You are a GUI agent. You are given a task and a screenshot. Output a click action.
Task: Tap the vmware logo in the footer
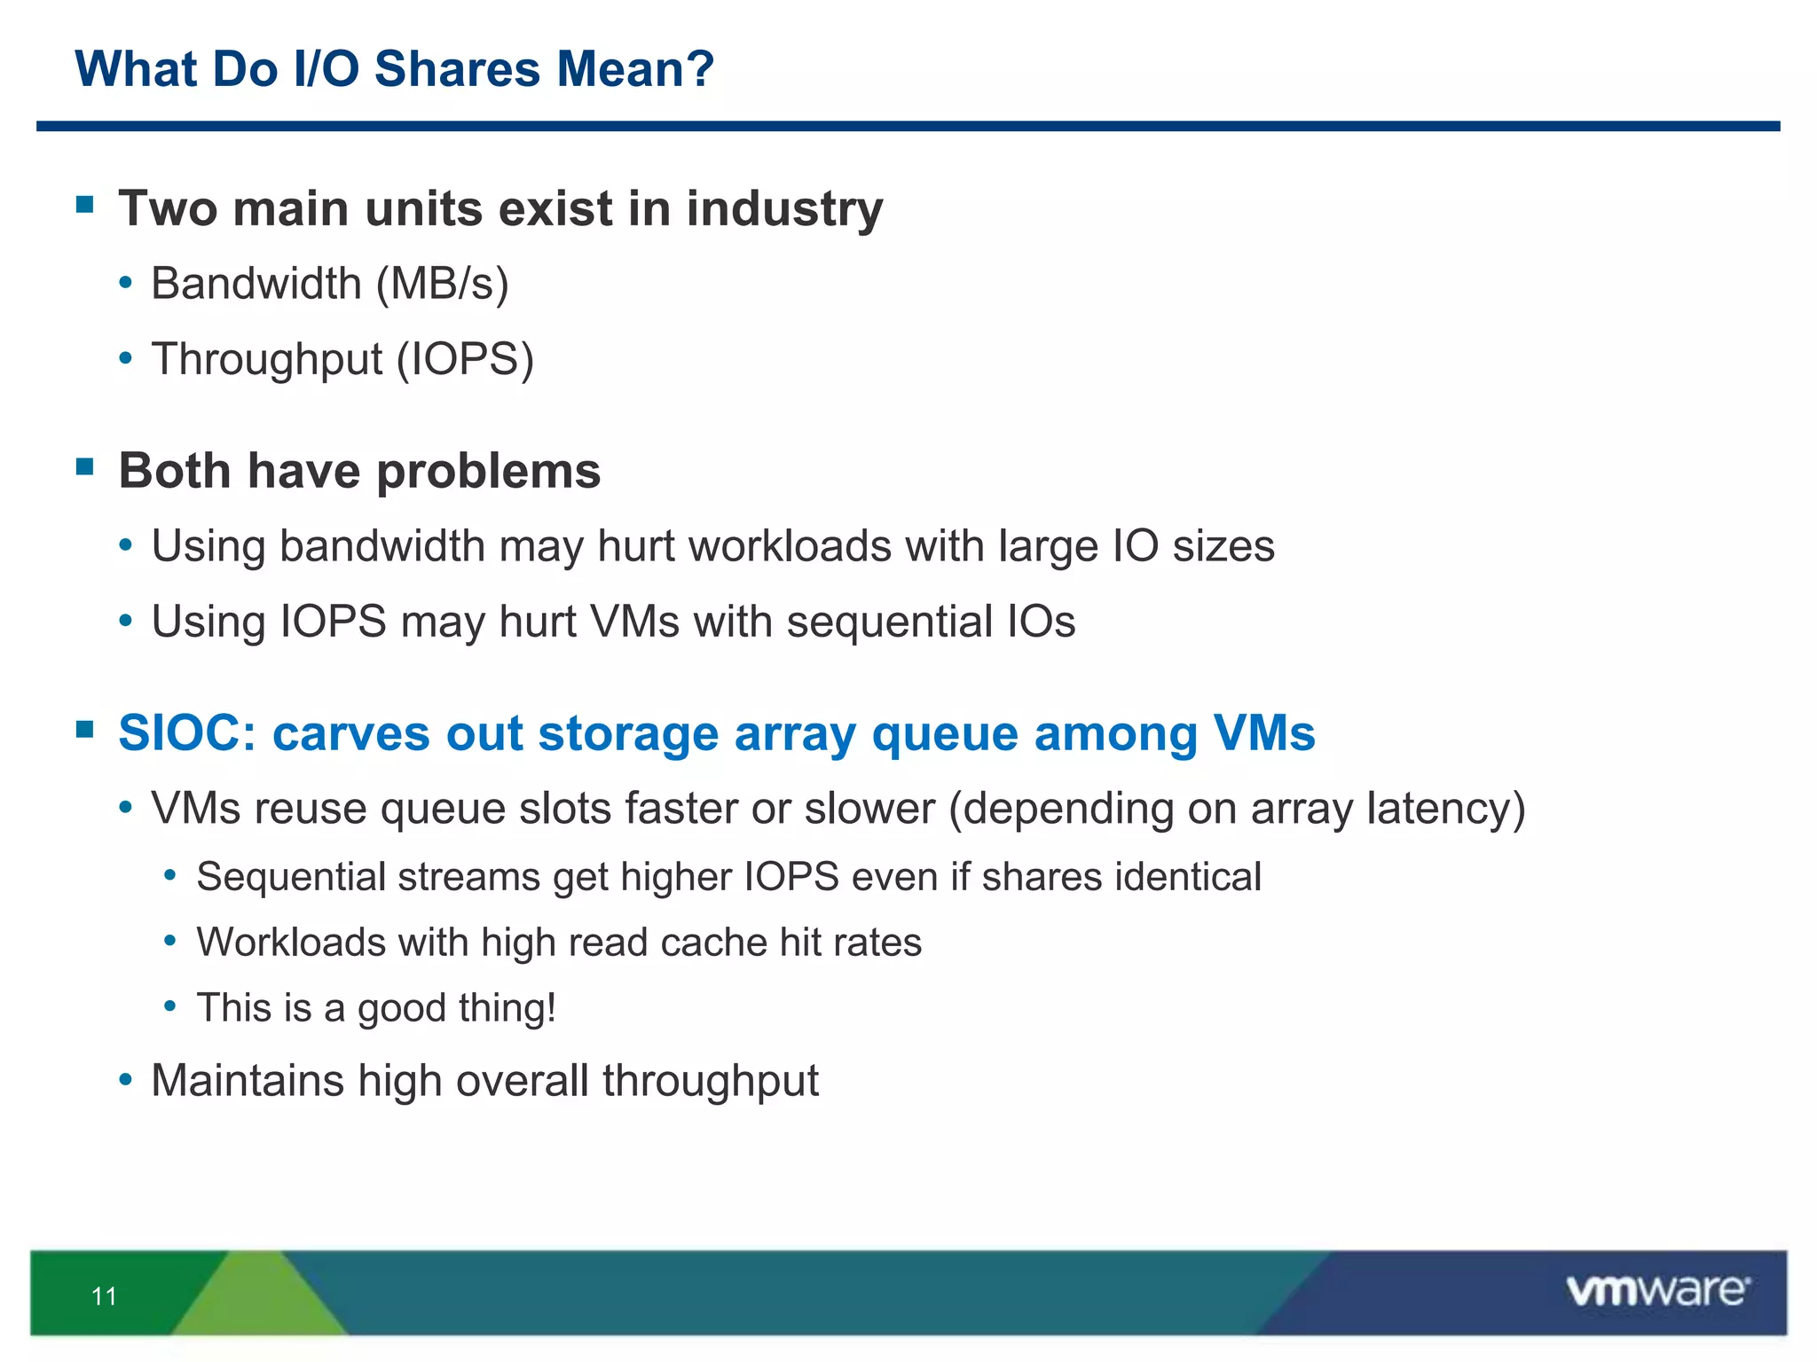(x=1657, y=1291)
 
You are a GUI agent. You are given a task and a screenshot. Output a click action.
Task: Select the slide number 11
(x=104, y=1296)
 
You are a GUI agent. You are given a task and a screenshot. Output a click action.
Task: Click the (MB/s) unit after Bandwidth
(x=442, y=285)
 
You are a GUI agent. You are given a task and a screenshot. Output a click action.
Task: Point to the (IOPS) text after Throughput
(x=465, y=360)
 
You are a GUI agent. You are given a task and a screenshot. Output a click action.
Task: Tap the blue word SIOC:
(x=187, y=734)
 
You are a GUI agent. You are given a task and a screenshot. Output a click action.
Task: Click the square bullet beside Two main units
(x=85, y=206)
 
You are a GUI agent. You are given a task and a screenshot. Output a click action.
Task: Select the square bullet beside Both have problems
(x=85, y=467)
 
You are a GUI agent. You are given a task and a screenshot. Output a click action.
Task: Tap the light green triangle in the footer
(x=258, y=1299)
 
